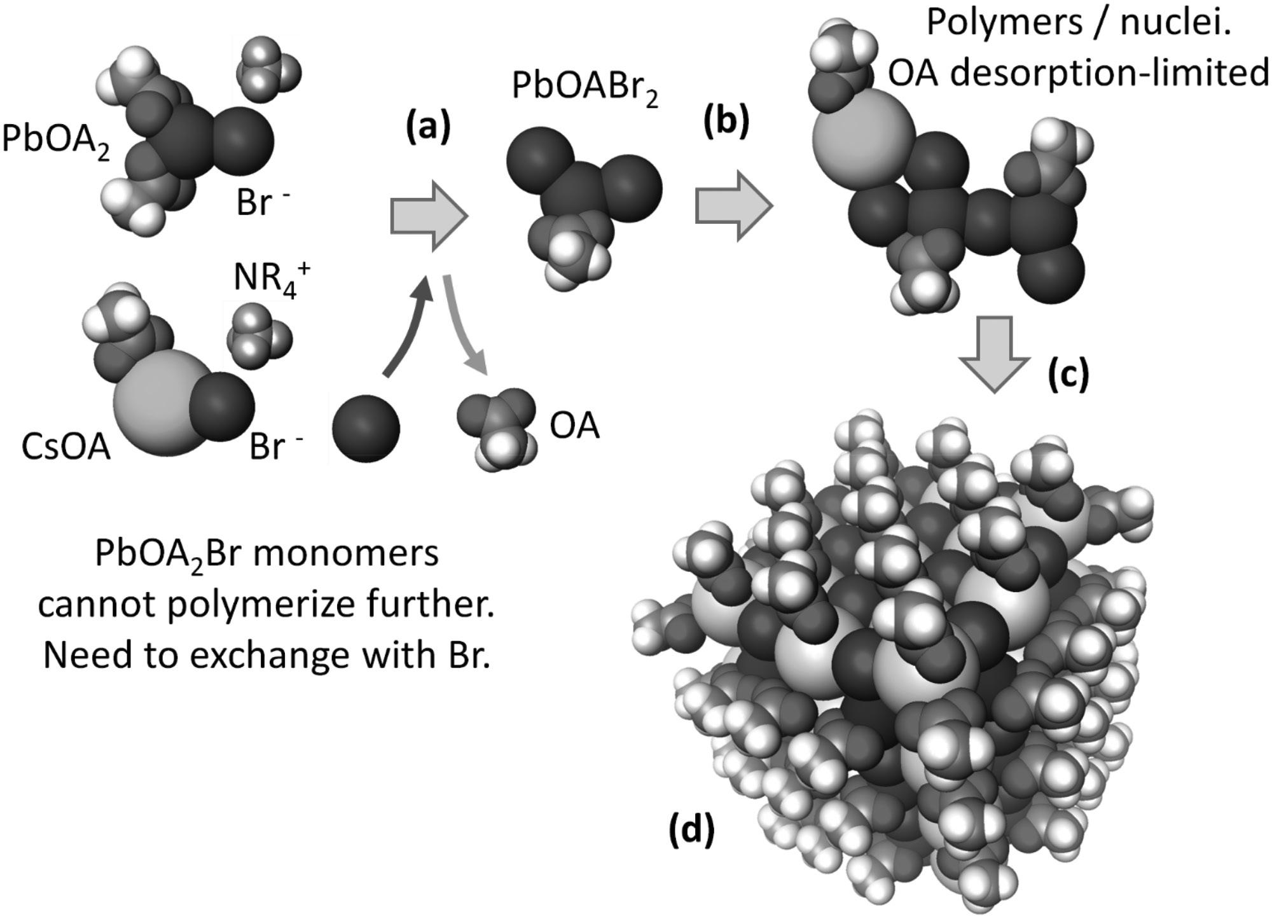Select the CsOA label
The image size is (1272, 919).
[x=66, y=446]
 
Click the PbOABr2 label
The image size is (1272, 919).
[x=584, y=88]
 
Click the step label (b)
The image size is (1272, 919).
[x=726, y=122]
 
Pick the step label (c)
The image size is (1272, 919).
[x=1068, y=374]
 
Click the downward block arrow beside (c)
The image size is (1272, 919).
[x=994, y=353]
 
